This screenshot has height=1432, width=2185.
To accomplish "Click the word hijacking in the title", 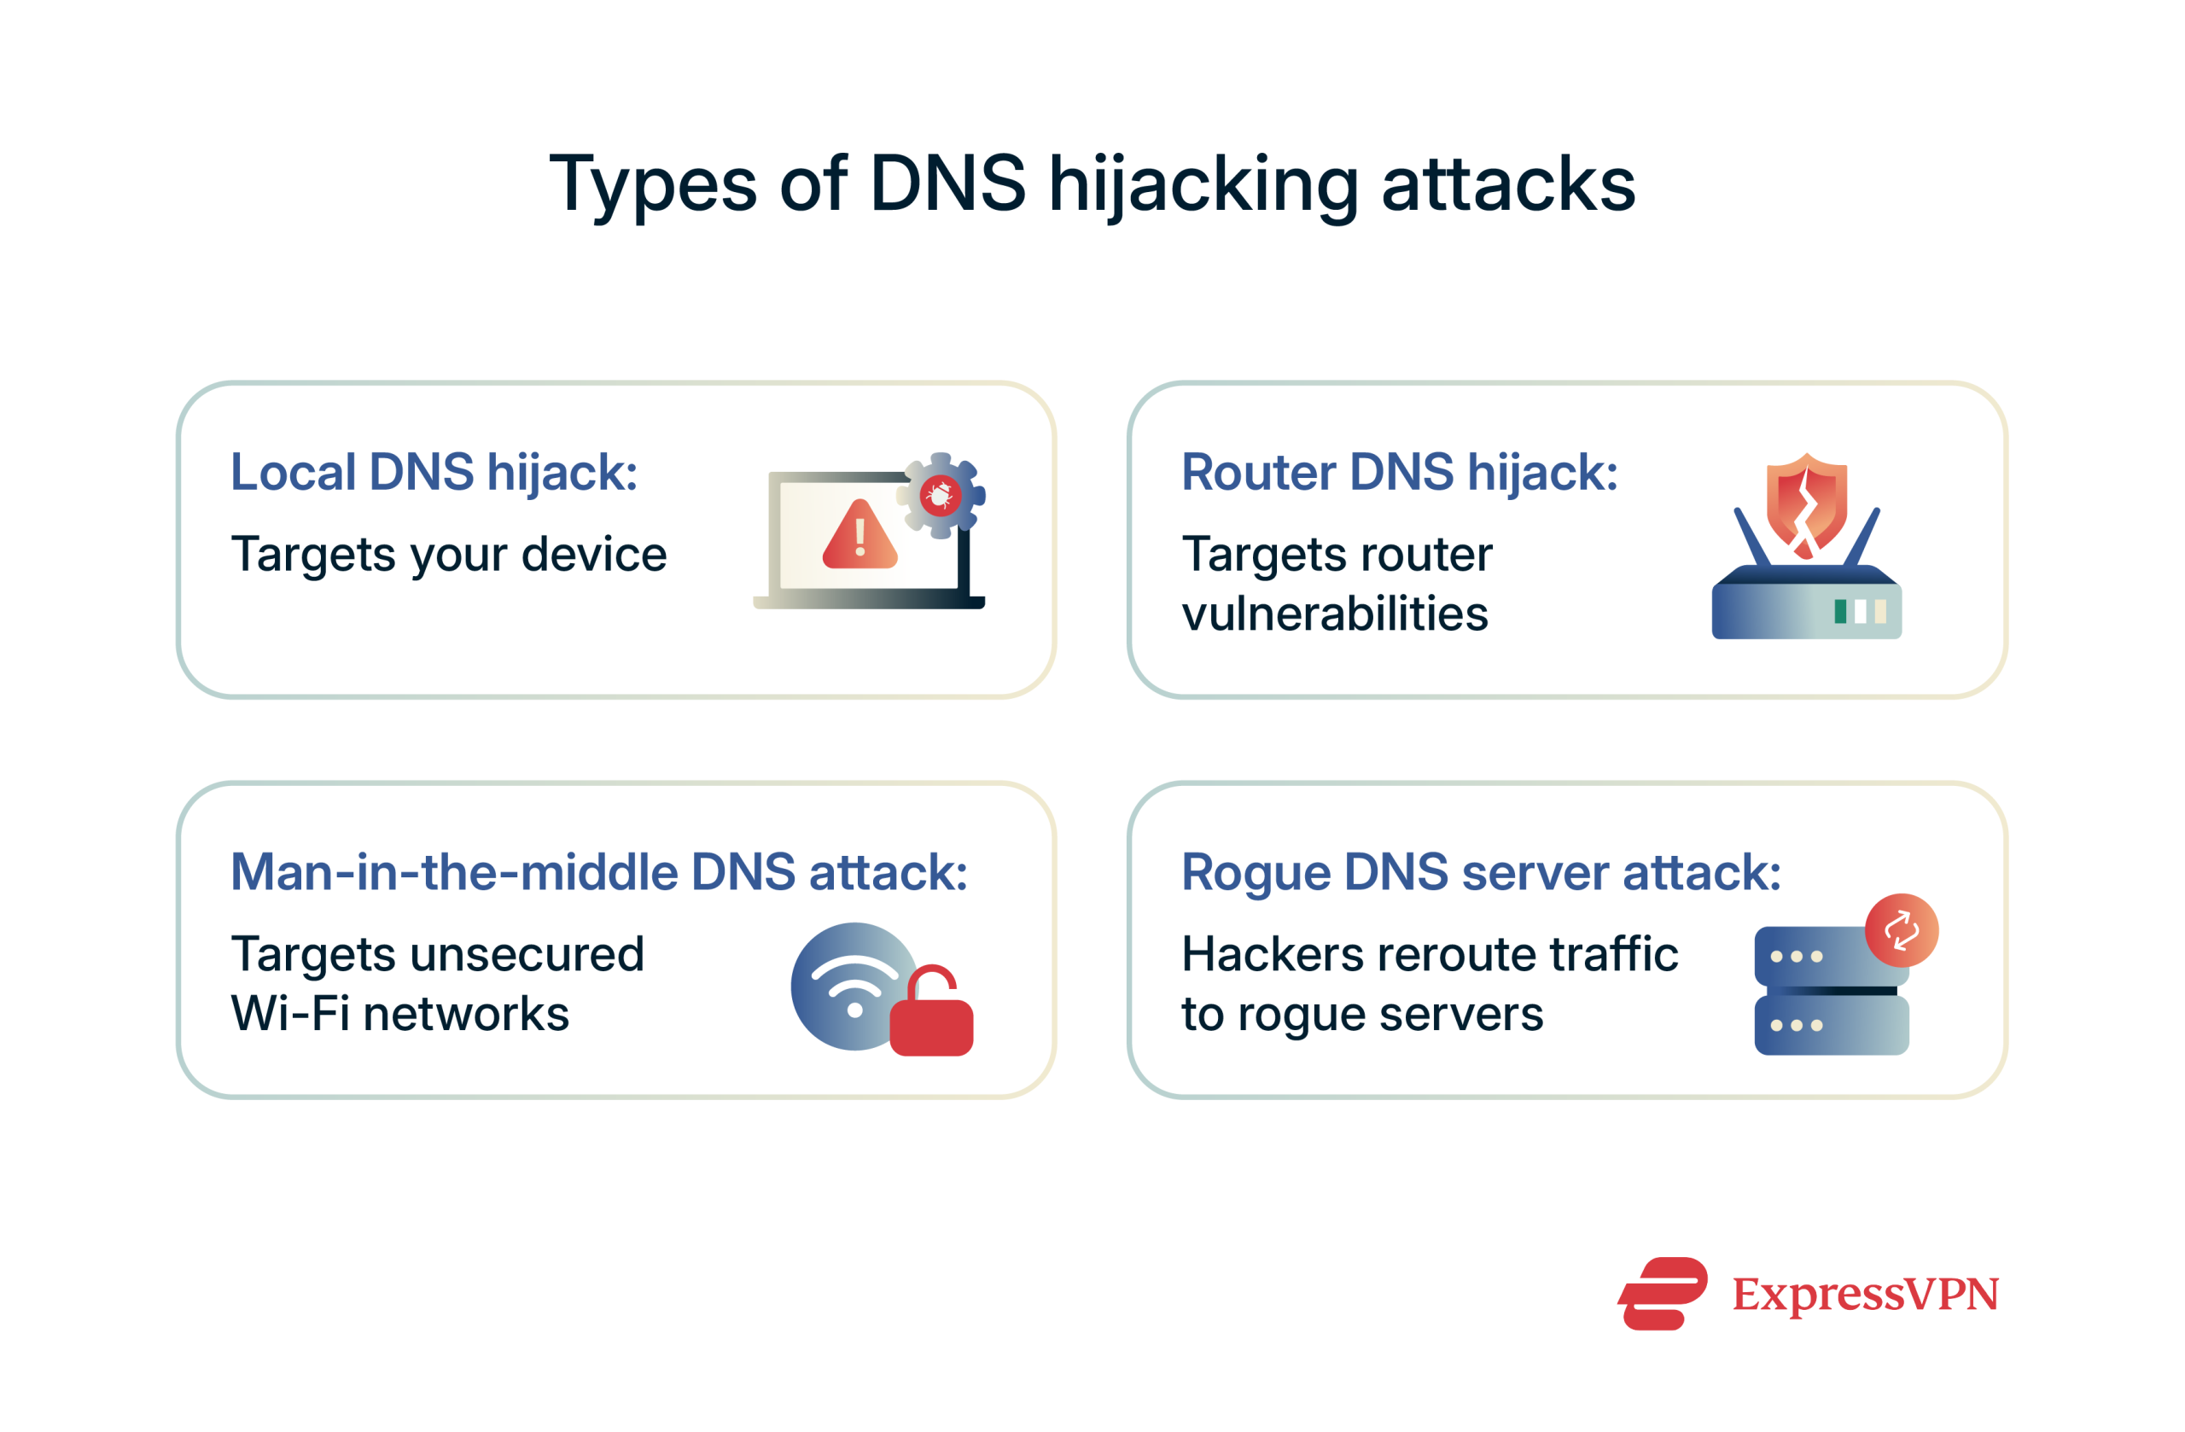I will [1202, 185].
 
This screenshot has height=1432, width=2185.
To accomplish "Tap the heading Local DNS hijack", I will [434, 473].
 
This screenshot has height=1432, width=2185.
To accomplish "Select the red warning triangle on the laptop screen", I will [859, 536].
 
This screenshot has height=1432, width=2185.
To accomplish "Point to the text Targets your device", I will [449, 555].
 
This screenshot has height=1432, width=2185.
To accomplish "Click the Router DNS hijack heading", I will [1399, 473].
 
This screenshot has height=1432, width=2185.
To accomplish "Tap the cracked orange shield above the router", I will [1806, 505].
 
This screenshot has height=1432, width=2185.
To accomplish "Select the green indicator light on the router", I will [1840, 611].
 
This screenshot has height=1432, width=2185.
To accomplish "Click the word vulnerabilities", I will [1334, 614].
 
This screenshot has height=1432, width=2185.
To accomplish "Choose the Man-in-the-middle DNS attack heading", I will [598, 872].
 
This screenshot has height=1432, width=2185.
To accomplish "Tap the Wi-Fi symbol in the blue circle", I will [854, 986].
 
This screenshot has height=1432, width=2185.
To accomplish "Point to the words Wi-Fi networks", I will [400, 1015].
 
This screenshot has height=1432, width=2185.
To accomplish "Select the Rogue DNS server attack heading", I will [1480, 872].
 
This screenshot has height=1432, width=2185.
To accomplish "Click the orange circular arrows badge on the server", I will [1902, 930].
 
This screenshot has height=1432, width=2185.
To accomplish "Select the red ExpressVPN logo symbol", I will [1663, 1294].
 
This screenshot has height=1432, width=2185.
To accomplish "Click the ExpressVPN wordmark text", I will [1865, 1295].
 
